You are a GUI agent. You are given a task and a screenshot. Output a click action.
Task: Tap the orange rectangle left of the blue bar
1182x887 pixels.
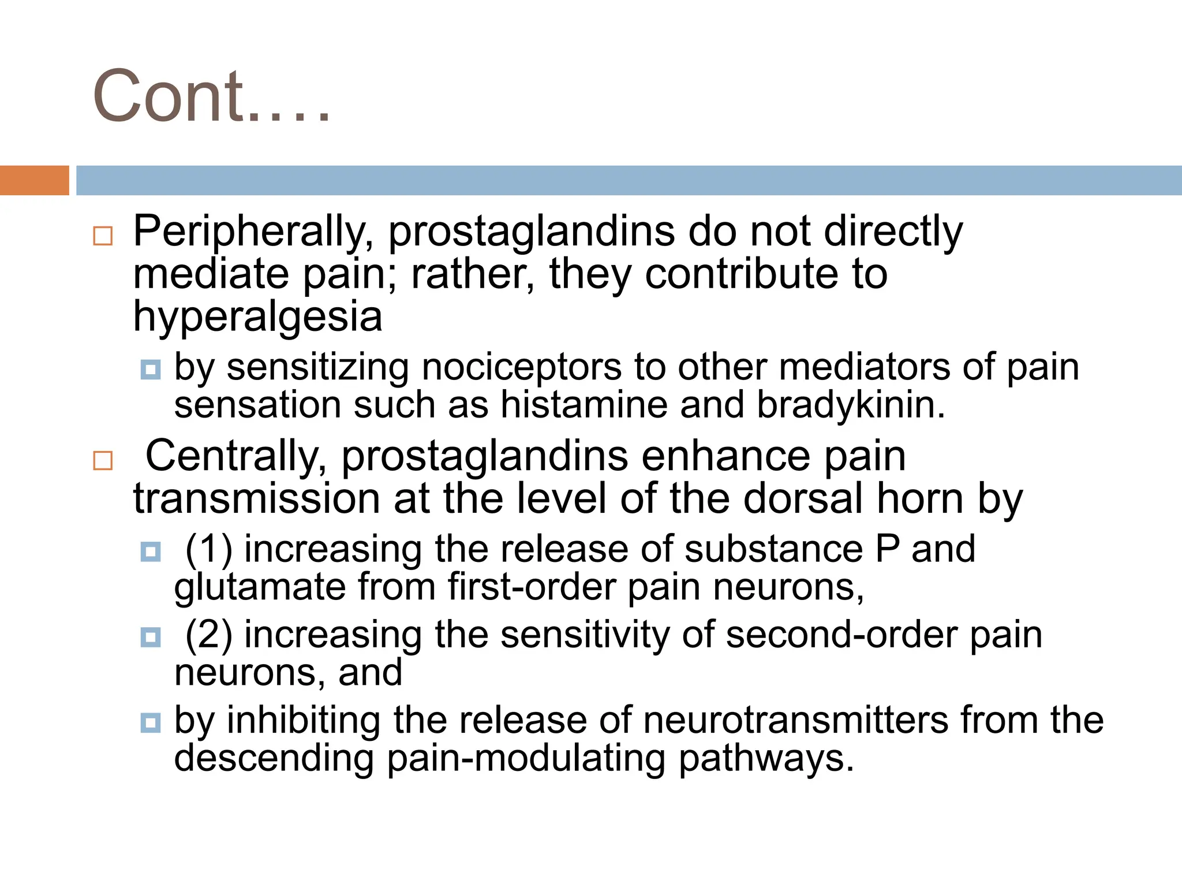point(34,180)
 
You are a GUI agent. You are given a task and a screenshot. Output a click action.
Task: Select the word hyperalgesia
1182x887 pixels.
point(258,318)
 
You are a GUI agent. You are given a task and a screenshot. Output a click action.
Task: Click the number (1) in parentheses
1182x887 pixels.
point(209,550)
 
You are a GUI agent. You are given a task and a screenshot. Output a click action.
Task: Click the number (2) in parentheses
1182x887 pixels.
point(209,635)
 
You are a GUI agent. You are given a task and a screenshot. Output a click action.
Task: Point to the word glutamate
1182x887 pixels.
point(259,588)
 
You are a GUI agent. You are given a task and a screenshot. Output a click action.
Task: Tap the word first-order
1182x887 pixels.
point(531,588)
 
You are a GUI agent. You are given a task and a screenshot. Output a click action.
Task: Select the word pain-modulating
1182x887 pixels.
point(526,759)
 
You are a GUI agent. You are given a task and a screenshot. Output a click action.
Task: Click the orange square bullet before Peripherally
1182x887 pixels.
point(103,236)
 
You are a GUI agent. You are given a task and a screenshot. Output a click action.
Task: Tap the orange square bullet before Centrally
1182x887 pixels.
point(103,461)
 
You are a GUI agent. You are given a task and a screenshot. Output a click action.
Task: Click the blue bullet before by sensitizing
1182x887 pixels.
point(151,370)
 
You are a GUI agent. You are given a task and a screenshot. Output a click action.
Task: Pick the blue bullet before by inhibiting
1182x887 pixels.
point(151,722)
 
